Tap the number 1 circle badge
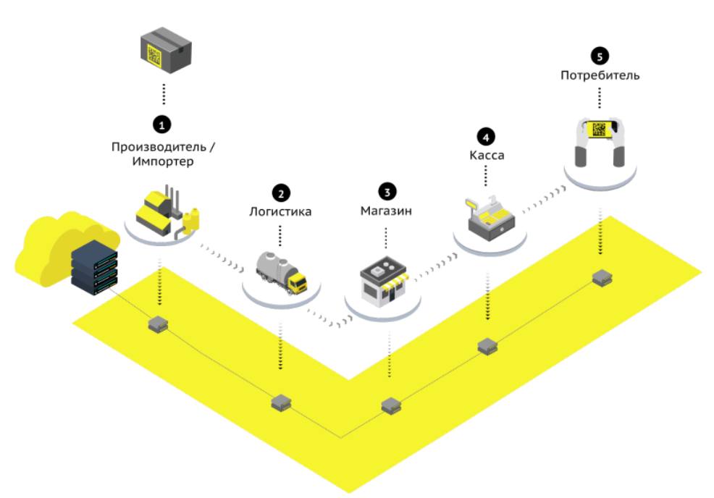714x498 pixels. tap(164, 124)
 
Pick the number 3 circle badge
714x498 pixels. tap(386, 191)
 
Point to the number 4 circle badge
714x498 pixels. tap(484, 135)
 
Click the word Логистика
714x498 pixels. tap(280, 212)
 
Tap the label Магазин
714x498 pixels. tap(386, 212)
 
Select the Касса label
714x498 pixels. tap(484, 156)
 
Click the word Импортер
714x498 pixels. tap(163, 161)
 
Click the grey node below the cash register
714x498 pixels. tap(487, 345)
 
